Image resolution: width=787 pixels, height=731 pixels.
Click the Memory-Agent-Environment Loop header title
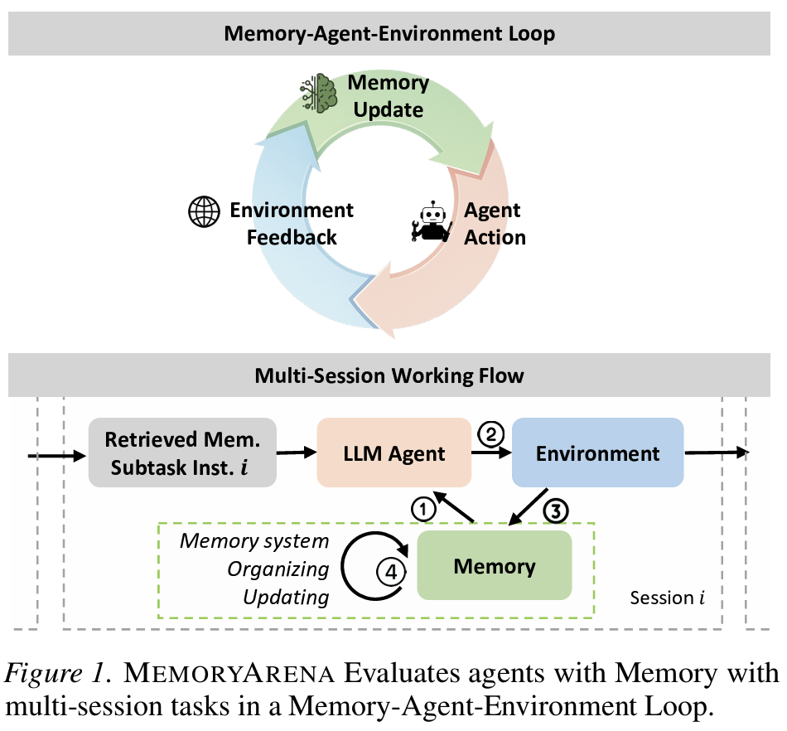(x=389, y=34)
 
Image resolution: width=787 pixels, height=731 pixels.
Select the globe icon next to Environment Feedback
(x=204, y=213)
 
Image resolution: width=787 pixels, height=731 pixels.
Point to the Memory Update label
(x=388, y=96)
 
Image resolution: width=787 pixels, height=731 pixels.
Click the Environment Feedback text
(x=291, y=224)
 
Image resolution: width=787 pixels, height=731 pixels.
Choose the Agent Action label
(x=494, y=224)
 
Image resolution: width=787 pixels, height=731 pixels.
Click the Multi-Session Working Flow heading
(x=389, y=375)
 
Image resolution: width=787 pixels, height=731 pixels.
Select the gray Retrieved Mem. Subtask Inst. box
(x=181, y=453)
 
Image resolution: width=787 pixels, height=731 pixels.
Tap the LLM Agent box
(x=394, y=453)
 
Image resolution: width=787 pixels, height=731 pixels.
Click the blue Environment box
(x=597, y=453)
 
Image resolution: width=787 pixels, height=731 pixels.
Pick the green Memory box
(x=495, y=567)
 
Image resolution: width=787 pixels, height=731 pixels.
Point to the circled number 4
(x=388, y=571)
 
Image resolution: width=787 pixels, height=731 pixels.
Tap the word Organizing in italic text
(x=278, y=569)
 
